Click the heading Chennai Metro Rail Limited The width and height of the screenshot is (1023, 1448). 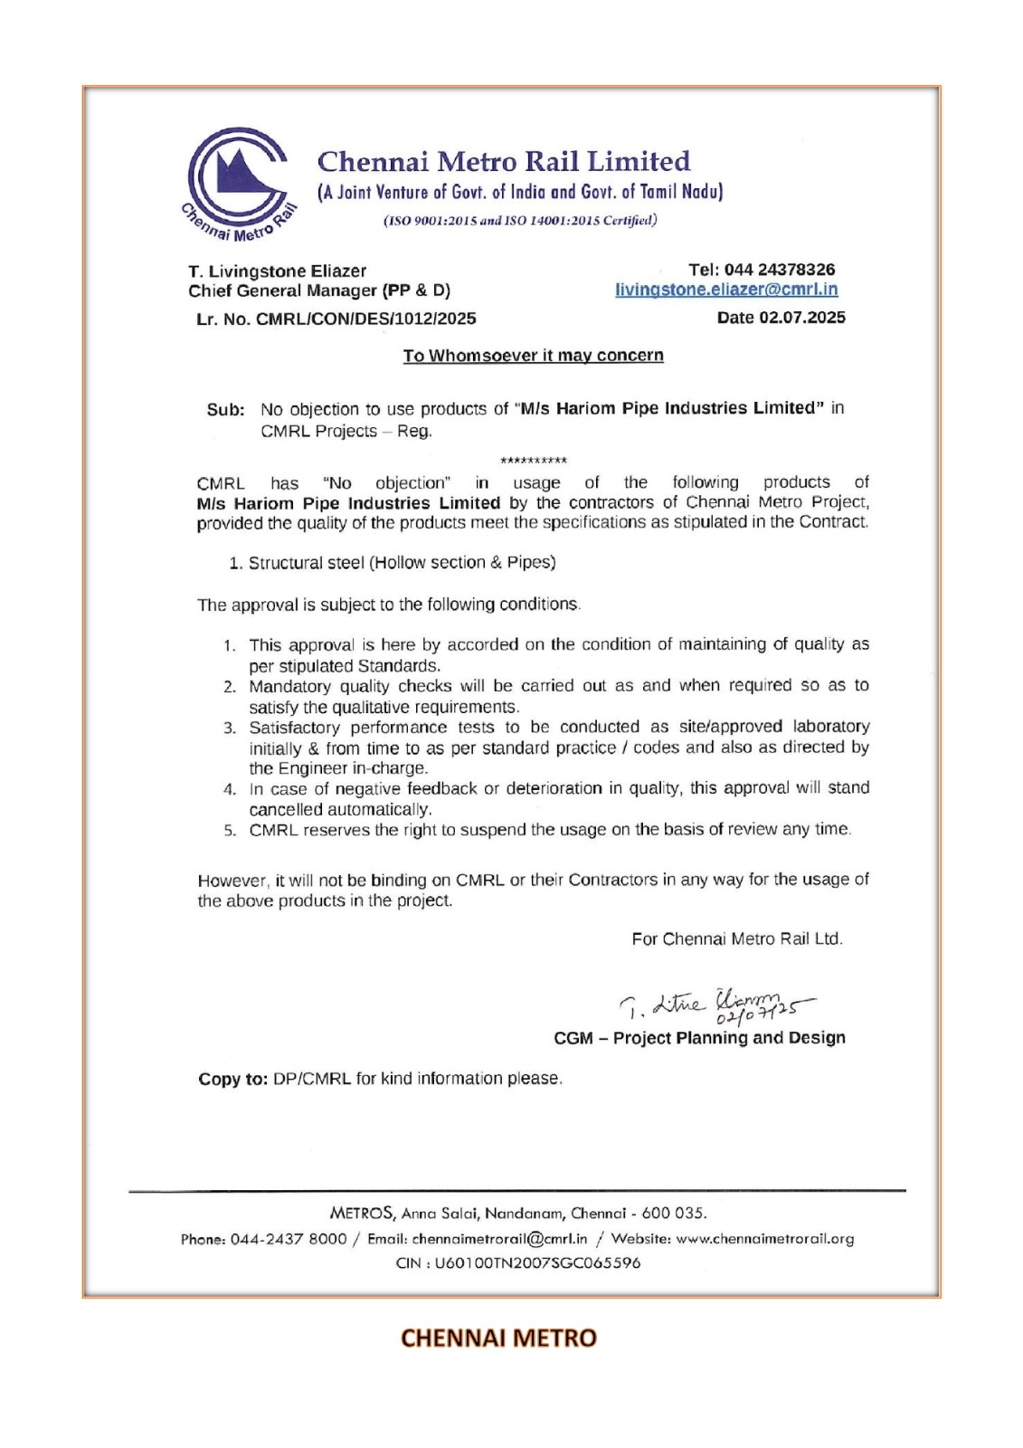tap(503, 162)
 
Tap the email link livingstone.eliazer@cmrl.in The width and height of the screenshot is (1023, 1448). tap(725, 290)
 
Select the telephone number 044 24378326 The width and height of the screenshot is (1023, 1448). tap(779, 270)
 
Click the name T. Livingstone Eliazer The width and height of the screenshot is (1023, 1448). tap(277, 271)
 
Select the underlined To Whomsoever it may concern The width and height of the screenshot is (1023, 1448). tap(533, 356)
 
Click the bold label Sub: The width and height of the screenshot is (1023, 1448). tap(225, 409)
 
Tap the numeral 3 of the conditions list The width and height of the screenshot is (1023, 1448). tap(231, 728)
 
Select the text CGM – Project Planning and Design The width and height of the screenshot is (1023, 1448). tap(699, 1038)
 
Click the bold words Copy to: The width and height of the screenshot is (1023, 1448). tap(232, 1079)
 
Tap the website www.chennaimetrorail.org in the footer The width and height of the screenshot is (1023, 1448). tap(764, 1239)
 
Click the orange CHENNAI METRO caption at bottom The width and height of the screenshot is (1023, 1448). tap(498, 1338)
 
